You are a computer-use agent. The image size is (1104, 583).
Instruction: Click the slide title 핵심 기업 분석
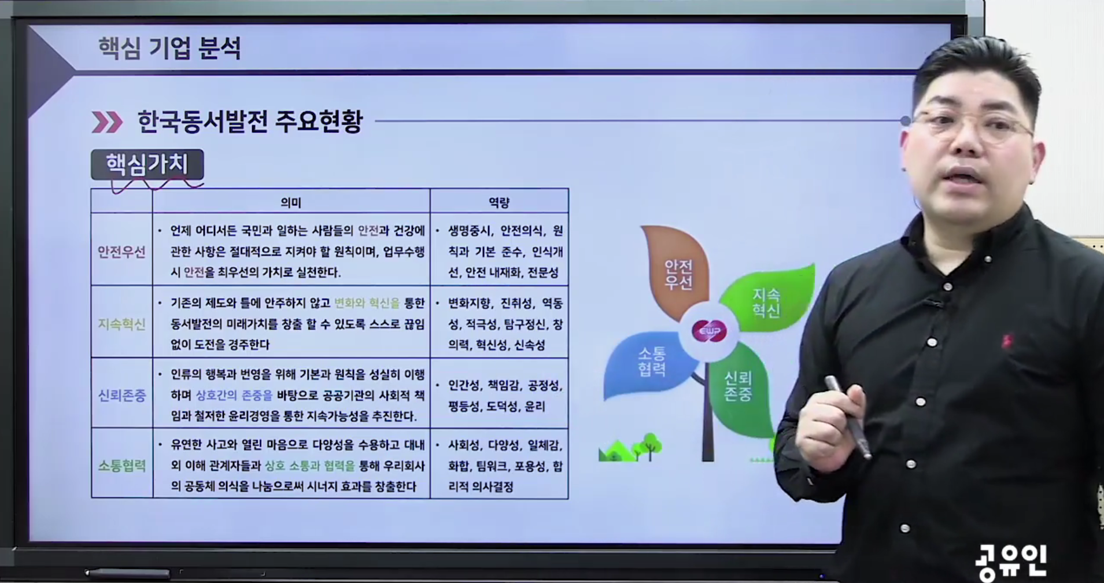pyautogui.click(x=169, y=48)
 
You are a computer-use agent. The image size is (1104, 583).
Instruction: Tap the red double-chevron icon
pyautogui.click(x=108, y=122)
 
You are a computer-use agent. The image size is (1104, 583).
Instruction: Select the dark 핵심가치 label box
pyautogui.click(x=147, y=165)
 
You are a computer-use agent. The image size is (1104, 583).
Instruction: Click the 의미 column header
pyautogui.click(x=291, y=202)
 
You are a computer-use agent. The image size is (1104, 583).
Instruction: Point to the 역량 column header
pyautogui.click(x=499, y=202)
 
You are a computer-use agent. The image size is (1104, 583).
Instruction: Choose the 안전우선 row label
pyautogui.click(x=121, y=252)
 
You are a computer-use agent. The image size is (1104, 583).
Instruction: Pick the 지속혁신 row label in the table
pyautogui.click(x=121, y=324)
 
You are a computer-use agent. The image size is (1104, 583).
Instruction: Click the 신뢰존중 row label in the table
pyautogui.click(x=121, y=396)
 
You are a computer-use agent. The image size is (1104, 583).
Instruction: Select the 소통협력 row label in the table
pyautogui.click(x=121, y=466)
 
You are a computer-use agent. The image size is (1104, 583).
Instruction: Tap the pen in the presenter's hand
pyautogui.click(x=848, y=416)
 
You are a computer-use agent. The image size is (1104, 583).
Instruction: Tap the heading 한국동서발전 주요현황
pyautogui.click(x=250, y=121)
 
